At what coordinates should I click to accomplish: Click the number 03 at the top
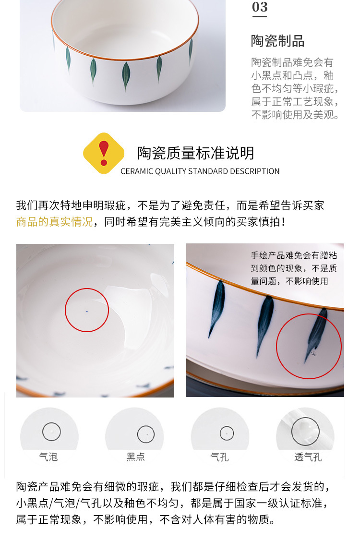[260, 7]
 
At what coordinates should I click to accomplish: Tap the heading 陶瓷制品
[277, 41]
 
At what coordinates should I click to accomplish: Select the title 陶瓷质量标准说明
[195, 153]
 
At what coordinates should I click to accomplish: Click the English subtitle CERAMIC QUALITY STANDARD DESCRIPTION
[200, 171]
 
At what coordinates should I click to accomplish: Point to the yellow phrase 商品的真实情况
[54, 222]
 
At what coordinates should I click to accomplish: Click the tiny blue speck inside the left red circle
[87, 311]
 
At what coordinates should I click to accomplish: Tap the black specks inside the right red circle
[312, 354]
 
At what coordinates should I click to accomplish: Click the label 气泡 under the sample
[48, 457]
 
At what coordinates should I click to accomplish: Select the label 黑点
[135, 457]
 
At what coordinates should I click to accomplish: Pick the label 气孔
[220, 457]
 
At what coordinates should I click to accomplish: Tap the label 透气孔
[308, 457]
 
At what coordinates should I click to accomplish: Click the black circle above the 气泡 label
[51, 432]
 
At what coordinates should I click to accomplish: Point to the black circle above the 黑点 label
[146, 434]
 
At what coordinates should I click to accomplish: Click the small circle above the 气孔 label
[227, 434]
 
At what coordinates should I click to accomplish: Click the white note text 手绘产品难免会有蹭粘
[294, 256]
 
